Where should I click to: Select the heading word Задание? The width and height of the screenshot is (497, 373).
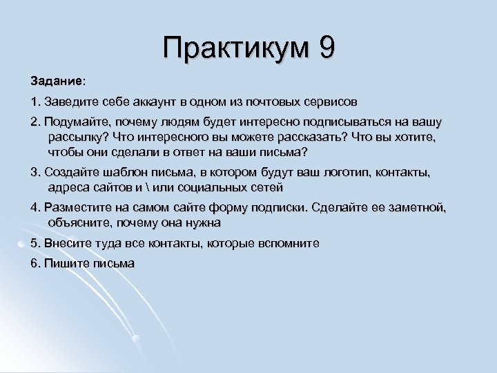[56, 82]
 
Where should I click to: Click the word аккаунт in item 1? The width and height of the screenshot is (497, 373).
[146, 102]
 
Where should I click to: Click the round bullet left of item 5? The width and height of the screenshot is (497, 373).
[23, 244]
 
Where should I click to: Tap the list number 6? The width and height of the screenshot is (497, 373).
[35, 264]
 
